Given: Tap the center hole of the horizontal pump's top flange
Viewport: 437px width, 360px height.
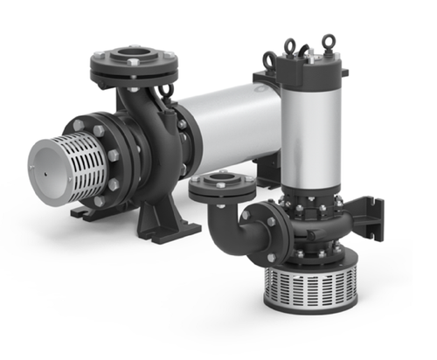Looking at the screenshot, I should (x=133, y=62).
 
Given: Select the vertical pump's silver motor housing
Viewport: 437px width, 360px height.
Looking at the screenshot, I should (x=309, y=131).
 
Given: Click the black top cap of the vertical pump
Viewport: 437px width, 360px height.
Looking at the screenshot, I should (x=308, y=74).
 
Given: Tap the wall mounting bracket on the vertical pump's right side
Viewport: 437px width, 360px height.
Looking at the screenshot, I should (x=374, y=214).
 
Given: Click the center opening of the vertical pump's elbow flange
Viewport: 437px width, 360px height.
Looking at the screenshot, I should (x=220, y=183).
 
